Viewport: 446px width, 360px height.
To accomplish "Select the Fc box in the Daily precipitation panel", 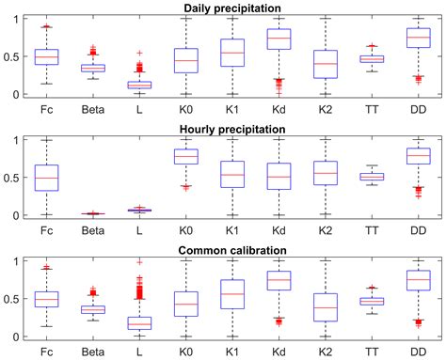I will [x=46, y=56].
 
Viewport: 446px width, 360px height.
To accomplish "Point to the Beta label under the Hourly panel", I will [x=92, y=229].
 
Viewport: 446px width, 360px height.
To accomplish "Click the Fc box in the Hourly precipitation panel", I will [x=46, y=178].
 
